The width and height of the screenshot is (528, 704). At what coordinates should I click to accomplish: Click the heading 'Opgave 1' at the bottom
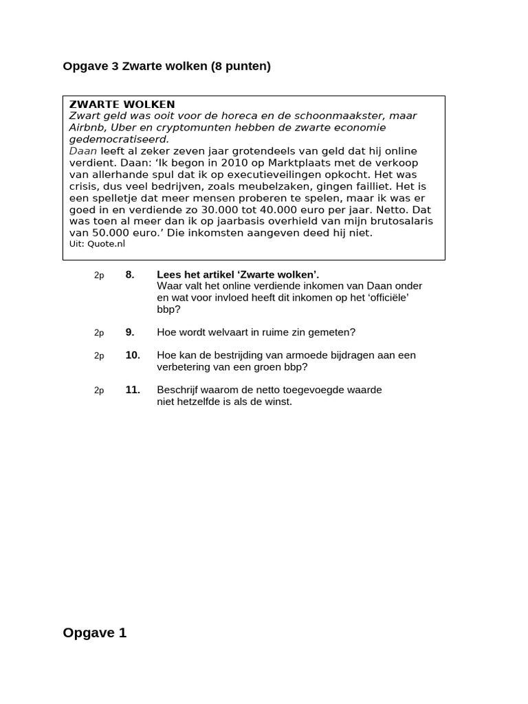[x=95, y=633]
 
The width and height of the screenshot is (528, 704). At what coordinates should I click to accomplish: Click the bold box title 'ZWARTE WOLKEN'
[x=122, y=104]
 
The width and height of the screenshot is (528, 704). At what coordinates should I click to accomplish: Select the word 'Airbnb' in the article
[x=87, y=127]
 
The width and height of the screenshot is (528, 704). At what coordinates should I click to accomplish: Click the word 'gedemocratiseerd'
[x=118, y=139]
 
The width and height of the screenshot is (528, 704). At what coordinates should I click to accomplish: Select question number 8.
[x=130, y=275]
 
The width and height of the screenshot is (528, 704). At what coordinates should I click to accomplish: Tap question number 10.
[x=133, y=355]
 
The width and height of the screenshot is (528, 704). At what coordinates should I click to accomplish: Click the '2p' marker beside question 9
[x=99, y=333]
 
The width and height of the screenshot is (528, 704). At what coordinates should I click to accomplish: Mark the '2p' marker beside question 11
[x=99, y=390]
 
